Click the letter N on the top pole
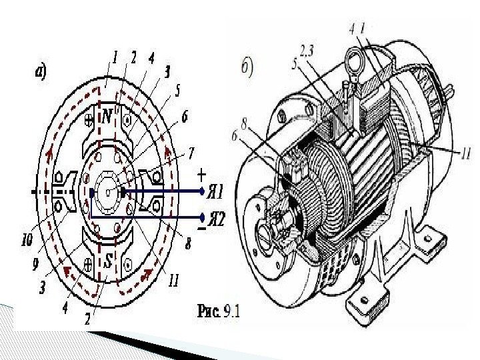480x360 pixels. (x=107, y=116)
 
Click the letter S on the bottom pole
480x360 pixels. (x=109, y=262)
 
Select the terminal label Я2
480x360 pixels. (x=216, y=219)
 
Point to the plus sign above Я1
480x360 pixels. (x=201, y=176)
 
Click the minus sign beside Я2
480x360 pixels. (x=201, y=229)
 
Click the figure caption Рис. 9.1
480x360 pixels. (x=219, y=311)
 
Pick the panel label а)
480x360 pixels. (x=41, y=73)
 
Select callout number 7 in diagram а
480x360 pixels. (x=191, y=153)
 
